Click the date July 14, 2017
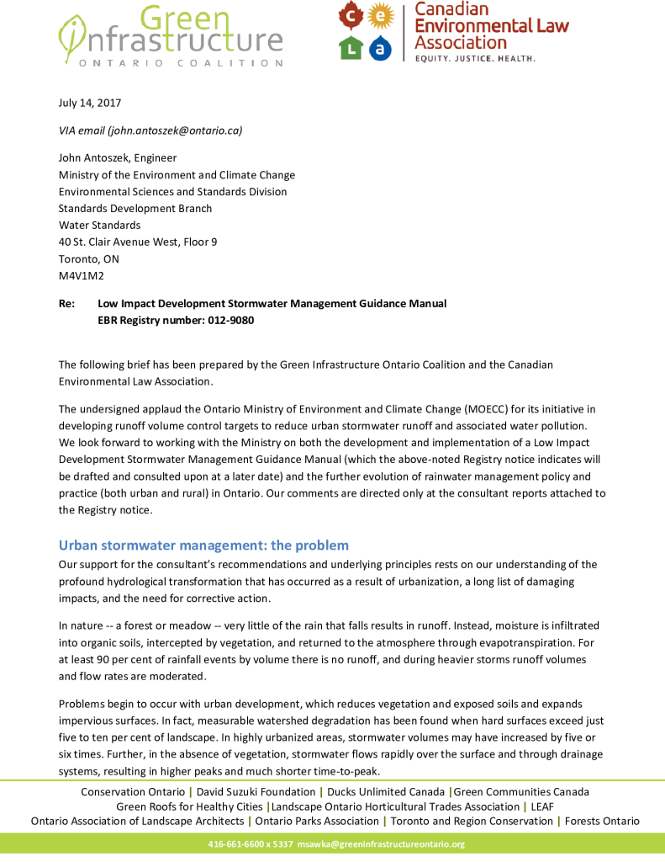tap(90, 103)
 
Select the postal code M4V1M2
tap(82, 275)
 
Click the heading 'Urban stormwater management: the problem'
tap(203, 545)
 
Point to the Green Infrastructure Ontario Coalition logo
tap(170, 35)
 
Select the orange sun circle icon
tap(381, 15)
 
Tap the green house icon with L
tap(350, 48)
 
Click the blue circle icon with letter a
tap(381, 48)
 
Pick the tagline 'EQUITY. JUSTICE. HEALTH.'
tap(474, 59)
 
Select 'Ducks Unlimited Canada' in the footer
tap(386, 791)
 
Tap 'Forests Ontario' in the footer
tap(602, 821)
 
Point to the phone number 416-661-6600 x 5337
tap(251, 843)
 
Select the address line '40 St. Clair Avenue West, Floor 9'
tap(138, 242)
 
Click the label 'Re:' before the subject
tap(66, 303)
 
